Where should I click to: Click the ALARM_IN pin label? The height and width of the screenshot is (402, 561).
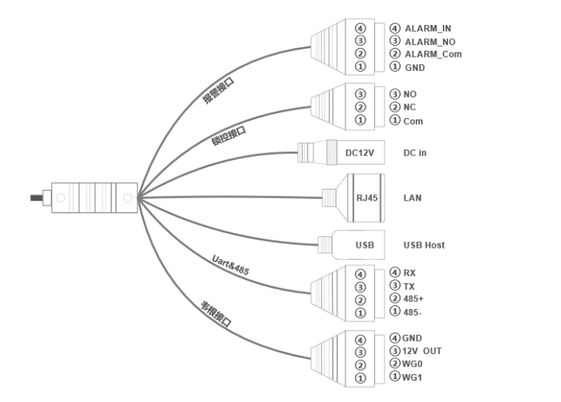tap(427, 28)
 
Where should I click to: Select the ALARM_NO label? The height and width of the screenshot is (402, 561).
tap(430, 41)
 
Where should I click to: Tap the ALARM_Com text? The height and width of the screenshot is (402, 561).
tap(433, 54)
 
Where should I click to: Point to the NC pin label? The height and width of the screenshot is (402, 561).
tap(410, 107)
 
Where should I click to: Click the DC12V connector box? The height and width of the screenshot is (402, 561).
tap(360, 153)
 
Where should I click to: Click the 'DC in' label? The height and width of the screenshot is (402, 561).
tap(414, 153)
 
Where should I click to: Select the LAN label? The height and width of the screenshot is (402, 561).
tap(413, 198)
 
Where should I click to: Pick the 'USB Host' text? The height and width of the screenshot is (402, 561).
tap(424, 245)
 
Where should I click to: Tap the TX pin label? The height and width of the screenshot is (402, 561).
tap(409, 285)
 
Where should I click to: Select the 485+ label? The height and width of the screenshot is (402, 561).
tap(413, 298)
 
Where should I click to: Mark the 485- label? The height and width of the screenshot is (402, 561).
tap(413, 311)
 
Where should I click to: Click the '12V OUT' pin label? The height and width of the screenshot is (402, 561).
tap(422, 350)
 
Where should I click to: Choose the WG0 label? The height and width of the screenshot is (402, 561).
tap(413, 364)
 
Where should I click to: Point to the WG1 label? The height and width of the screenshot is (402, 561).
tap(413, 377)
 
